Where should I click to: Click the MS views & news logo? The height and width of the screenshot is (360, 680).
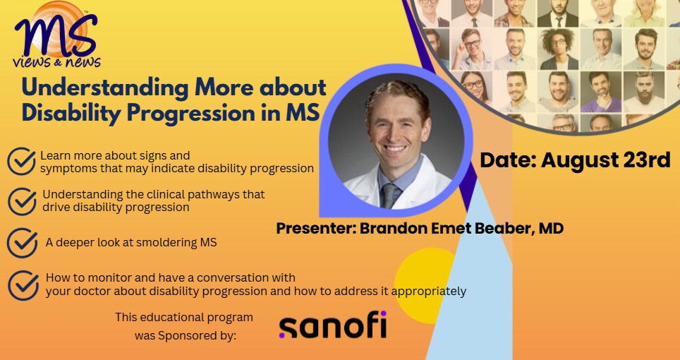pos(56,35)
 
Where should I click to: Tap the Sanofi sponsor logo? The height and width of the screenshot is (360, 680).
pos(333,325)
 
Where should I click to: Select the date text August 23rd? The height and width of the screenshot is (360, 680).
pos(605,160)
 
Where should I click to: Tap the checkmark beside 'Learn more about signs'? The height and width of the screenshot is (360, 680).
pos(22,160)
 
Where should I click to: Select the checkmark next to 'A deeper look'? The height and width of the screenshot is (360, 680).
pos(22,242)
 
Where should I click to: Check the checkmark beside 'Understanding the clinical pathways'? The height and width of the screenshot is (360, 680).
pos(23,200)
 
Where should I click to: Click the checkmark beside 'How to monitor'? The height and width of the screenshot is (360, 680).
pos(23,284)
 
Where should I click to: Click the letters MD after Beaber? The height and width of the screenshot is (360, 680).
pos(551,228)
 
